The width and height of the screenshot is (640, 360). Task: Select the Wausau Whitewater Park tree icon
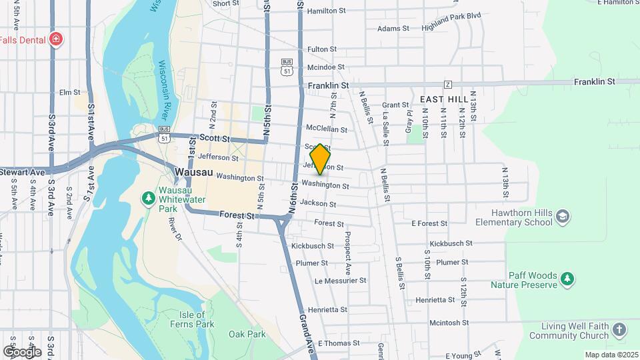148,199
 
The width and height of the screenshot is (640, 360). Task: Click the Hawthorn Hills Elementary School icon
563,216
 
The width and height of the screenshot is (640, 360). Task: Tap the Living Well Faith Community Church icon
619,330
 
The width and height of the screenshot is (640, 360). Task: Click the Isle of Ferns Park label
196,319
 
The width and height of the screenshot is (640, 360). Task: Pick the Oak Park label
247,334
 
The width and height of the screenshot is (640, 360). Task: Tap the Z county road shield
448,84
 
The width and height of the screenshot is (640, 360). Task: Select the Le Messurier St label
341,281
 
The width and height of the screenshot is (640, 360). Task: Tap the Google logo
22,351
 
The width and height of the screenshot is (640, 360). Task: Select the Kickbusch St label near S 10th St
451,244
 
